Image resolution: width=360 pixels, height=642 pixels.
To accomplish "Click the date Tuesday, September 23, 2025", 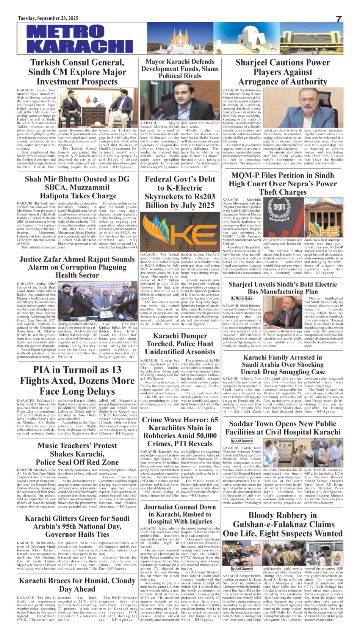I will [48, 18].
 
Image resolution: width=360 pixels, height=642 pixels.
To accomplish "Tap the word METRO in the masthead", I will [61, 31].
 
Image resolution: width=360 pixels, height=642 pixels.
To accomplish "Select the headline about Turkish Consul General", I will [77, 72].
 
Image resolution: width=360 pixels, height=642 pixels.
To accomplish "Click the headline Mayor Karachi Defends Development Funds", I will [180, 69].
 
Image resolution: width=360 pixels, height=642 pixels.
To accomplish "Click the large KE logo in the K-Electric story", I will [180, 232].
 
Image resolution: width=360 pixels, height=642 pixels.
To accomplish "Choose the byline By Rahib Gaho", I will [242, 298].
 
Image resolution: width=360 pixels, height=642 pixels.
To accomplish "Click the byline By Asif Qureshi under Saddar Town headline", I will [242, 441].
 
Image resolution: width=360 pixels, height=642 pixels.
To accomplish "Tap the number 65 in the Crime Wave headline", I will [214, 420].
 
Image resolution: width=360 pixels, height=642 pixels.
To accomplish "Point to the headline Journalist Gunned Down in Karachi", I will [180, 514].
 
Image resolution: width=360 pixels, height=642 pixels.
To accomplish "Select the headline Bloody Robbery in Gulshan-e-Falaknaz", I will [283, 524].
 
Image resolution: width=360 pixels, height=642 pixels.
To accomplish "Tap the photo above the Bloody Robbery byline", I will [283, 553].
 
